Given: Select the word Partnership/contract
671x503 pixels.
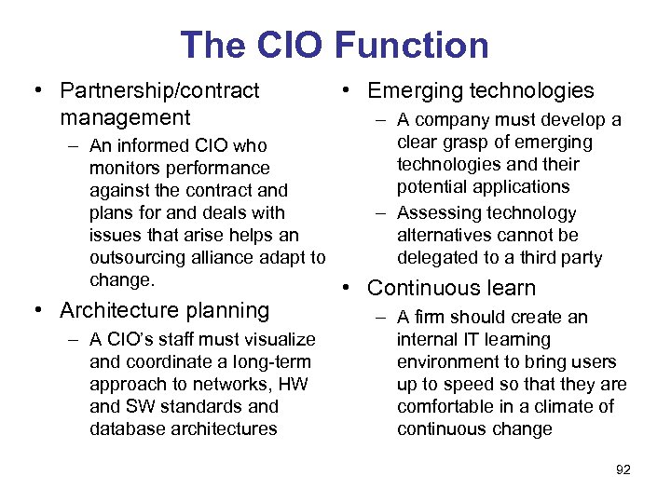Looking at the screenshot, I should click(159, 90).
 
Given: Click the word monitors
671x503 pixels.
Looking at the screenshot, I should click(126, 168).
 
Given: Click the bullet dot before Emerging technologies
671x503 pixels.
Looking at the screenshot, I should click(346, 90).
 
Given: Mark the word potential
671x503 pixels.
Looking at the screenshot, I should click(431, 186).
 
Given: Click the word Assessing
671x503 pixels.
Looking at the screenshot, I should click(439, 213).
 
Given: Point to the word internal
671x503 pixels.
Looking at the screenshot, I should click(426, 340).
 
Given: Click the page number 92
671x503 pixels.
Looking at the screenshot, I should click(623, 469).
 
